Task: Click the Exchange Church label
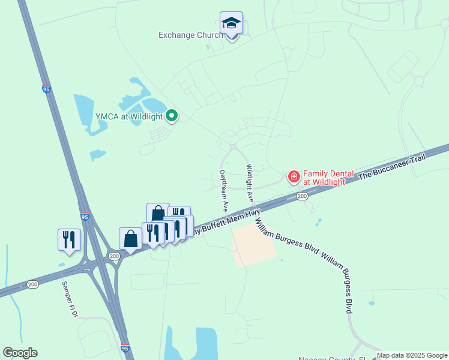(x=190, y=35)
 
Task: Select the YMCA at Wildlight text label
(x=129, y=116)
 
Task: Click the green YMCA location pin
(x=172, y=116)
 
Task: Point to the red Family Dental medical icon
(x=294, y=176)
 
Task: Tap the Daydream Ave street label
(x=224, y=190)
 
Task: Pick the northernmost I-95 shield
(x=47, y=89)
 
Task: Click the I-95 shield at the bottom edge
(x=124, y=347)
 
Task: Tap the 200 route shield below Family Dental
(x=302, y=196)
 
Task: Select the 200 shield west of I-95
(x=32, y=284)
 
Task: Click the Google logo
(x=20, y=353)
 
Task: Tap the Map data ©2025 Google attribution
(x=412, y=355)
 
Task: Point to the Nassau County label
(x=328, y=358)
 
